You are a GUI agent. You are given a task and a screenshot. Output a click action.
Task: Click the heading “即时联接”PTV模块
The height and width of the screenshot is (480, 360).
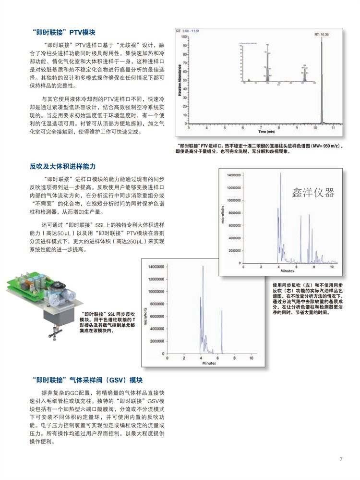[62, 33]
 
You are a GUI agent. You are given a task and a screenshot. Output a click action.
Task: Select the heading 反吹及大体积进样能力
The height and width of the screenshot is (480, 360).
[62, 166]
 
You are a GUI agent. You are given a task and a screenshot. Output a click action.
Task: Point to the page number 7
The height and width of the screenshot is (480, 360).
[341, 459]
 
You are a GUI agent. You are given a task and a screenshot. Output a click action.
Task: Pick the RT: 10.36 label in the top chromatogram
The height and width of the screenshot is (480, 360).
[321, 35]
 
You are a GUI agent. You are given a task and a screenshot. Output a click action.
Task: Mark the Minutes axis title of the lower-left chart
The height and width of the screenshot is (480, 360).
[209, 363]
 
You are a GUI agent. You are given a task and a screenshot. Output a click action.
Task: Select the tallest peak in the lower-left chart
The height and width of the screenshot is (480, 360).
[203, 269]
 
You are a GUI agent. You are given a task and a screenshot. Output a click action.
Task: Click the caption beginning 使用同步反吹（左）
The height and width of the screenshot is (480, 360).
[307, 298]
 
